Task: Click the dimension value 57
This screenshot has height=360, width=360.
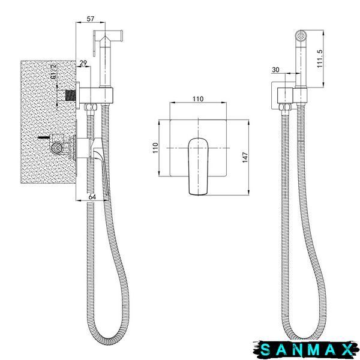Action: [x=91, y=19]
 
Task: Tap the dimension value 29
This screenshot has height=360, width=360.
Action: [x=83, y=63]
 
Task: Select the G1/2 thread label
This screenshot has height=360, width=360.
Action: [x=53, y=71]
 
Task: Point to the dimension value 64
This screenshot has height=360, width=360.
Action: [x=92, y=197]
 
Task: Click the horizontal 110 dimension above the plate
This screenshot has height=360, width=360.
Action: [x=198, y=99]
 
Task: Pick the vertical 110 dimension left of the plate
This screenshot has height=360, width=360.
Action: [x=155, y=148]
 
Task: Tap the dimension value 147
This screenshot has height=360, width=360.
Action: [x=245, y=157]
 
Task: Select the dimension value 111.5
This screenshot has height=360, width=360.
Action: [x=320, y=59]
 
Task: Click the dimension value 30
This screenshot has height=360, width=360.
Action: [x=275, y=70]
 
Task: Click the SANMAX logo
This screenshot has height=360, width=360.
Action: [x=306, y=350]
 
